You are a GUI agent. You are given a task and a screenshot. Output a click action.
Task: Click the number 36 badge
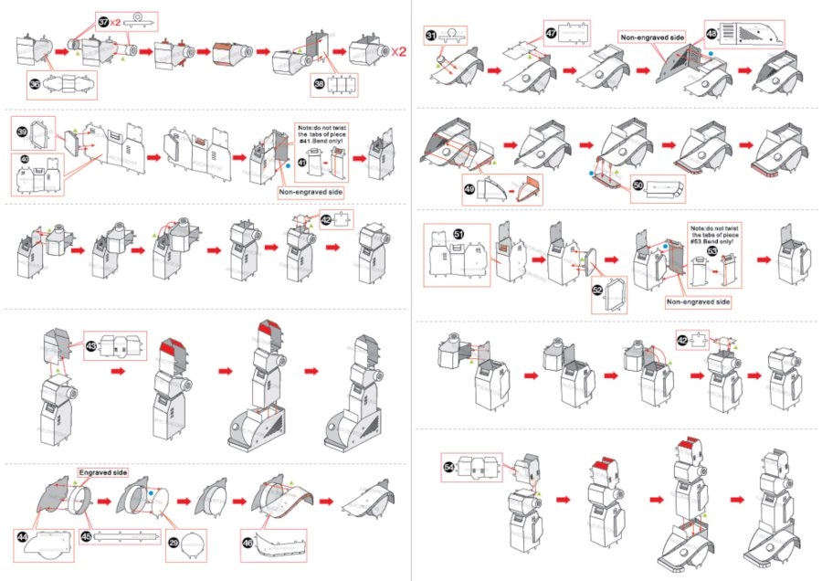click(35, 84)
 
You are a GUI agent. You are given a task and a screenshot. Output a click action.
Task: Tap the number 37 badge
click(103, 21)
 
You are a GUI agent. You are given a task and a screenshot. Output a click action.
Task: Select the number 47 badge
click(551, 32)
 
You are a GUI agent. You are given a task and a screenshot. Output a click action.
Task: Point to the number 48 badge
click(712, 33)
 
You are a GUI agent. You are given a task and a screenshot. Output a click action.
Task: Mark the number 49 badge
click(471, 189)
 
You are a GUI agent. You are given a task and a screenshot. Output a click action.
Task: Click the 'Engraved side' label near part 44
click(101, 473)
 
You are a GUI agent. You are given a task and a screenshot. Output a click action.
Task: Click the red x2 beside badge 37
click(120, 21)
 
